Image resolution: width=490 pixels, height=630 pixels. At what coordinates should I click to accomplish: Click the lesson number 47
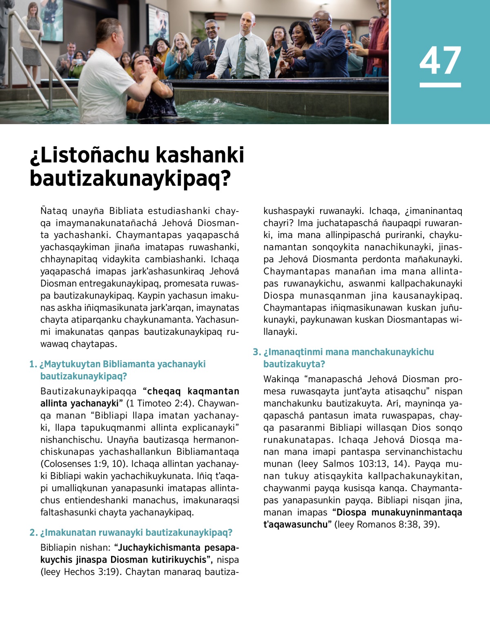point(440,60)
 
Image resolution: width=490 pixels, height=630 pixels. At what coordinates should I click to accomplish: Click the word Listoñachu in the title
point(90,155)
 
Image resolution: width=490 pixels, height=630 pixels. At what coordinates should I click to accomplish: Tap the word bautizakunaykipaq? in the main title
point(130,178)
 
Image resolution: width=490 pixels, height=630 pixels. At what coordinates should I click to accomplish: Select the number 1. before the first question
point(33,364)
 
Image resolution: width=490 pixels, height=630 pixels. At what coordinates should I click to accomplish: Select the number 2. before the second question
point(33,533)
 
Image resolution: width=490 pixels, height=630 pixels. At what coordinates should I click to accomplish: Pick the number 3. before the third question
point(257,352)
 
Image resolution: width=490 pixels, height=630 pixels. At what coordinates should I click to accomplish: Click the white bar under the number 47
point(440,85)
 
